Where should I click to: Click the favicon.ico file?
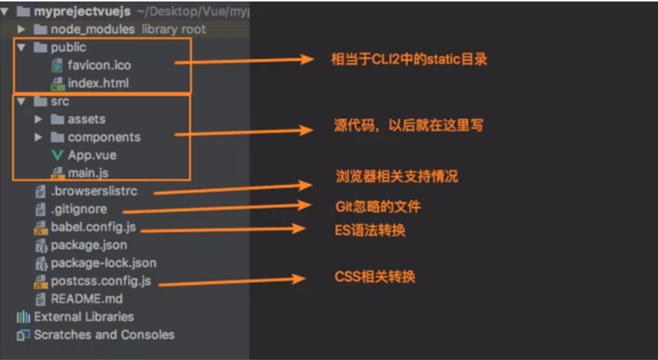[99, 65]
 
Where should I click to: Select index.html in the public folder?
[98, 83]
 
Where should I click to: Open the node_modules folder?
[92, 29]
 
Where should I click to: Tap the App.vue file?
[92, 155]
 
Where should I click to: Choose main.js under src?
[88, 173]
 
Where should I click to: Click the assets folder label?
[86, 119]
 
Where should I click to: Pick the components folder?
[103, 137]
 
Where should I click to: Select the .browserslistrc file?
[94, 191]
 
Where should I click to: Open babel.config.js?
[93, 227]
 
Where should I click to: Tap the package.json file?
[89, 245]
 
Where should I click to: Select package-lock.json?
[103, 263]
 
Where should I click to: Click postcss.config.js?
[100, 282]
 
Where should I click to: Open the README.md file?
[86, 299]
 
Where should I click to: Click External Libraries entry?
[83, 317]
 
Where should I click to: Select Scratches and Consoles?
[103, 335]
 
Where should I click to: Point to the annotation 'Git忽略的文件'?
[378, 206]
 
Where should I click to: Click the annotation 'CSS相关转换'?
[375, 277]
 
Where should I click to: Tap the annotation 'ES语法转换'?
[370, 230]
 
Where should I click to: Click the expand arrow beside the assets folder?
[39, 119]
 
